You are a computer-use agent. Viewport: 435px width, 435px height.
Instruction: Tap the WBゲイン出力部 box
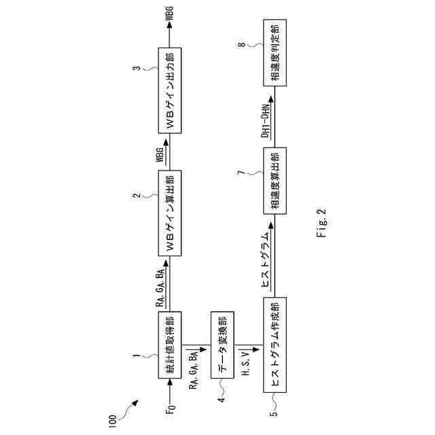(171, 90)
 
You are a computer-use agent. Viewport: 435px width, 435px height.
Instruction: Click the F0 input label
(171, 411)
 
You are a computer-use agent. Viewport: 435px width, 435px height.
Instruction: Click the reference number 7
(241, 174)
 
